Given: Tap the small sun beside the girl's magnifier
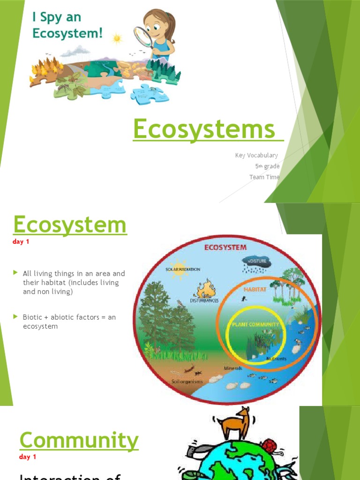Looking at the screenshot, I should click(x=117, y=38).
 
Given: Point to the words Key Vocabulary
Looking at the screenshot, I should click(x=256, y=155).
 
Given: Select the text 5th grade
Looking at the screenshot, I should click(x=267, y=166).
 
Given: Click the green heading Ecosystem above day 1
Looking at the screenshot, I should click(x=70, y=225).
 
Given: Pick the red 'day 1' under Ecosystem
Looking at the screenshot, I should click(x=21, y=242).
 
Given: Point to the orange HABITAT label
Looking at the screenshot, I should click(x=255, y=289).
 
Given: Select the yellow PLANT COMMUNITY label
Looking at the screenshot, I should click(x=255, y=324).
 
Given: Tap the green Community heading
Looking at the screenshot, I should click(x=79, y=440).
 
